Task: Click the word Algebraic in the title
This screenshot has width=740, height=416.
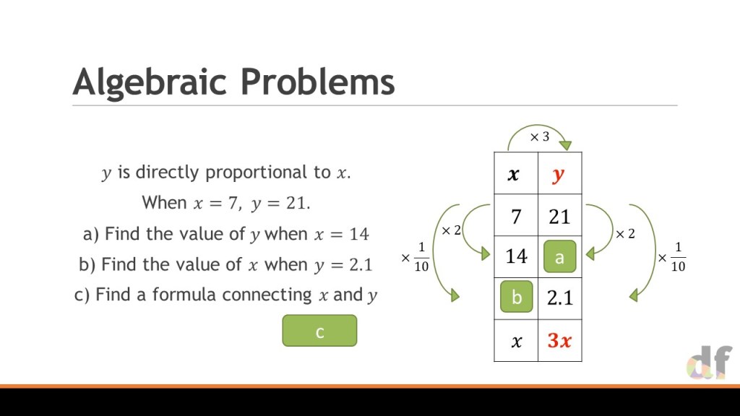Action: click(x=150, y=82)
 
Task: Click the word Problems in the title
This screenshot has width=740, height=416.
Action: click(x=317, y=81)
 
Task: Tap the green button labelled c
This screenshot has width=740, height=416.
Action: click(x=319, y=331)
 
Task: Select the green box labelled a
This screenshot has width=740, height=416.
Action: click(x=560, y=256)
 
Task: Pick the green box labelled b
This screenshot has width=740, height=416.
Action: click(x=516, y=297)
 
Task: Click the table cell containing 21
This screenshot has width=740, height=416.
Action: click(x=560, y=215)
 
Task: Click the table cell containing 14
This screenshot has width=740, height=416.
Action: click(x=516, y=256)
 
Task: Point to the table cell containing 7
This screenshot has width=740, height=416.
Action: click(x=516, y=215)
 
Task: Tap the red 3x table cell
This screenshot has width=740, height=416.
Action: click(x=560, y=340)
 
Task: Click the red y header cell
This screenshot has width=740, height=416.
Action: click(x=560, y=173)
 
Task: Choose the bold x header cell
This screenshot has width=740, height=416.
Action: click(x=516, y=173)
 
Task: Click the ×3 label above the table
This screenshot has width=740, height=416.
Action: click(x=539, y=136)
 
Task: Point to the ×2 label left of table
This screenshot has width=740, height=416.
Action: click(x=451, y=230)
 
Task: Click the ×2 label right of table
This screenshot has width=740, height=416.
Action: click(x=625, y=233)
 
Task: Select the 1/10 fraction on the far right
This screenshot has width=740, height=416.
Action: click(x=678, y=257)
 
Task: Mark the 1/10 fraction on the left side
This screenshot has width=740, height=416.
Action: click(x=421, y=257)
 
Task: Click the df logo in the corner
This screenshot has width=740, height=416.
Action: click(x=710, y=362)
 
